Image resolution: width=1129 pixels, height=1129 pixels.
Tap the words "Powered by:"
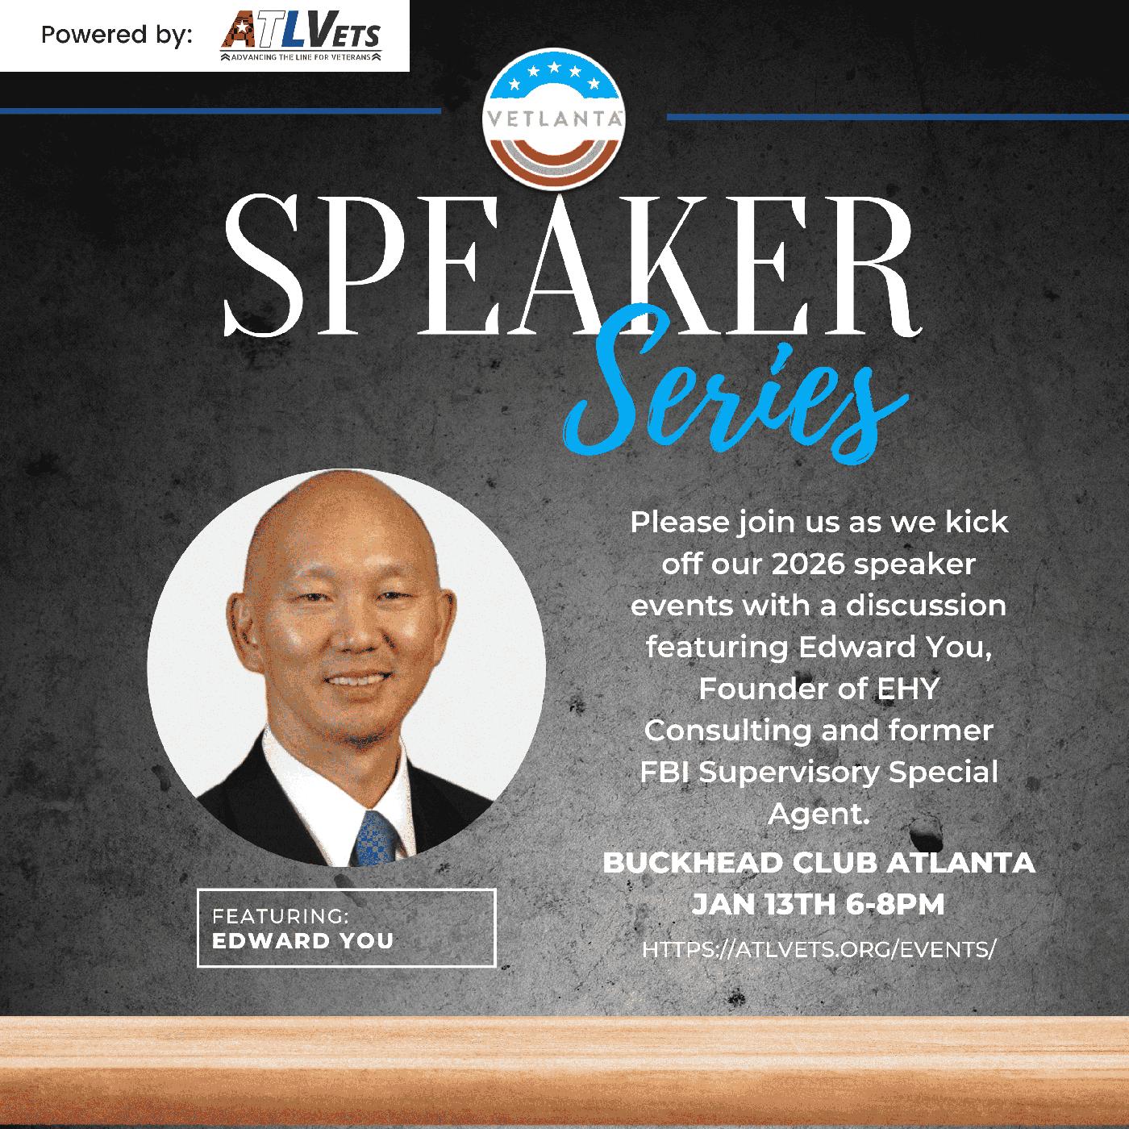(117, 35)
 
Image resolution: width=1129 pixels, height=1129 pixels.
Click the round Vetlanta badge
(554, 119)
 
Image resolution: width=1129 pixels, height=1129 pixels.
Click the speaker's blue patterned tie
(376, 839)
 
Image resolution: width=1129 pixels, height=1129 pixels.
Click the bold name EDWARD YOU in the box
(302, 941)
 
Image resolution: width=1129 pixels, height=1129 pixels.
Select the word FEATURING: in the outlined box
(280, 915)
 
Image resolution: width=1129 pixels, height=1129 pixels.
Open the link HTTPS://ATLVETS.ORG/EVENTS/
(819, 949)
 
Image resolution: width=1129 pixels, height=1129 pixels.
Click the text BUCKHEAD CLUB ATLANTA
(819, 863)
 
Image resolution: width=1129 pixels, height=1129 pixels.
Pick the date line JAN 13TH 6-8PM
(818, 904)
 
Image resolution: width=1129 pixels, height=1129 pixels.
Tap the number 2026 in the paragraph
(808, 564)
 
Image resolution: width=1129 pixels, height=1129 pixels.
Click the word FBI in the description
(664, 772)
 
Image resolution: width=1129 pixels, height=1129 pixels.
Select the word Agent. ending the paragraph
(819, 814)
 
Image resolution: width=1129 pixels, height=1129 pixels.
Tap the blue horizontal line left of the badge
(220, 110)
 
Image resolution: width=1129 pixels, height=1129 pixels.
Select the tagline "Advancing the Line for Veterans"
(301, 57)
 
